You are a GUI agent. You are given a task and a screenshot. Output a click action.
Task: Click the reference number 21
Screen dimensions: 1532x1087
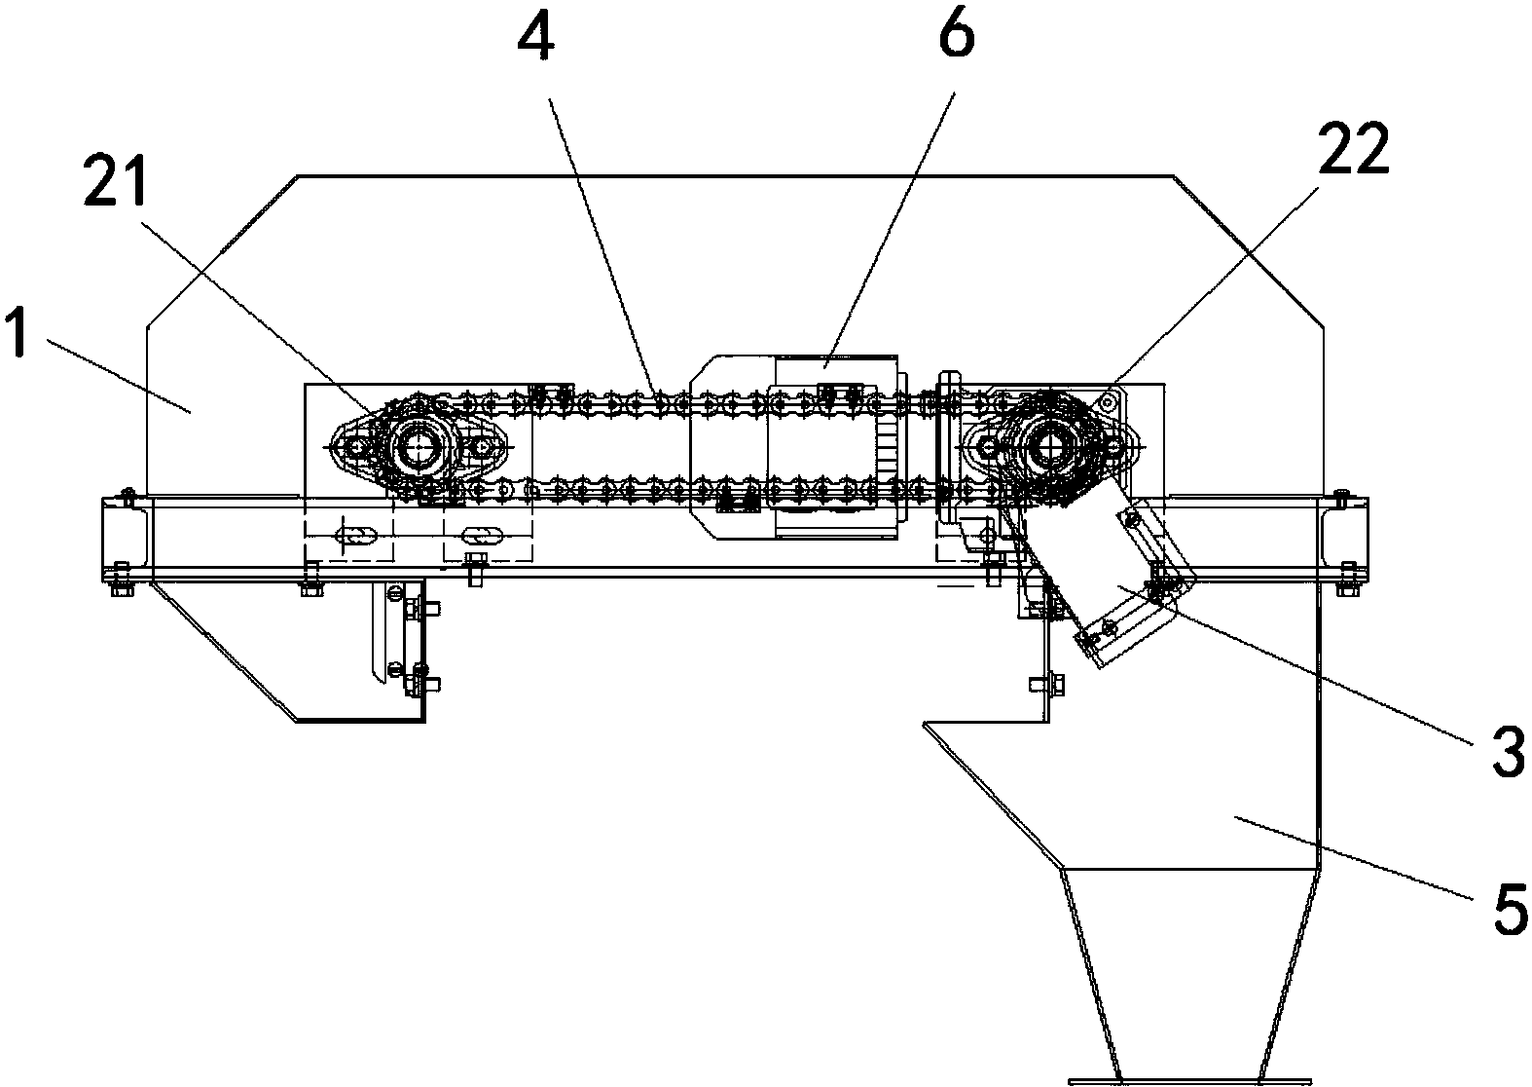pos(114,181)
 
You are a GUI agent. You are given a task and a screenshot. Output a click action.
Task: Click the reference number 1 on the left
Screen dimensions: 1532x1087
pos(18,333)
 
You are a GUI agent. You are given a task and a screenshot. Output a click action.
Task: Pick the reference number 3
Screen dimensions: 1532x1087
pos(1508,753)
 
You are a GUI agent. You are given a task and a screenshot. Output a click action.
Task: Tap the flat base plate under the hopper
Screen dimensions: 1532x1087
pos(1190,1082)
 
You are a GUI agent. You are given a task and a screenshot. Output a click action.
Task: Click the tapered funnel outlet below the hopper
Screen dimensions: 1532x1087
pos(1190,974)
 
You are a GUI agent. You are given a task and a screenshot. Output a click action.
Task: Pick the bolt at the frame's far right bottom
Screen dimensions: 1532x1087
pos(1347,580)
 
